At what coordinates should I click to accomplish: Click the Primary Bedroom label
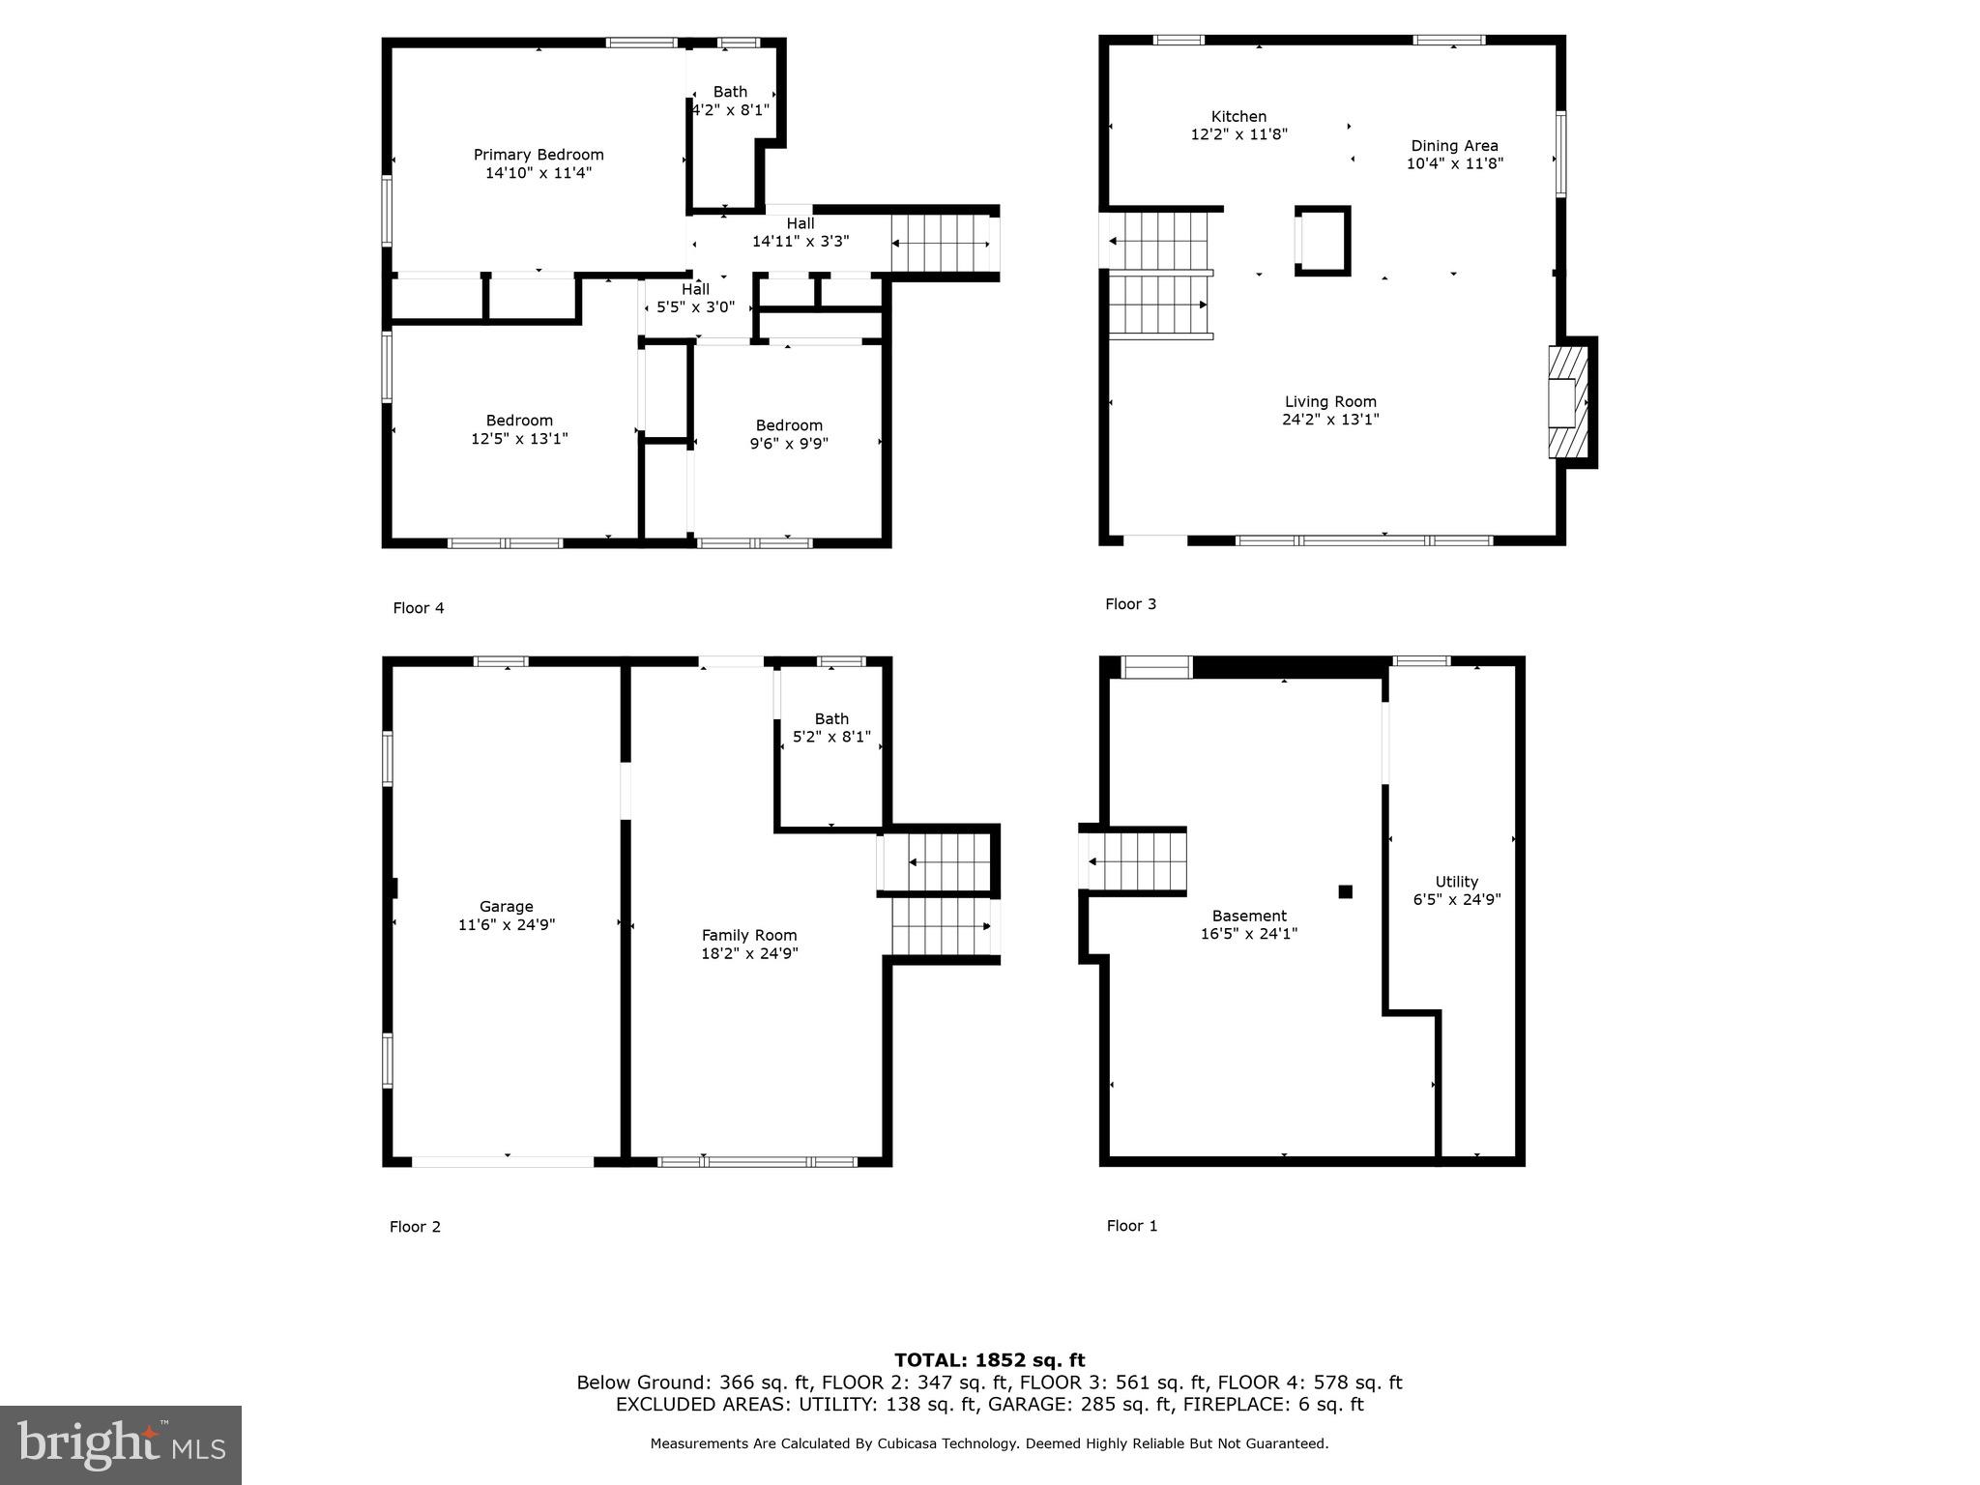click(x=538, y=155)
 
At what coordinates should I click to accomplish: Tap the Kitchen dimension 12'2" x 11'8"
click(x=1238, y=135)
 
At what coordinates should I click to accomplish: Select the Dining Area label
click(x=1454, y=146)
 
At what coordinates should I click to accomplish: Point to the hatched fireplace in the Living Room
click(x=1568, y=402)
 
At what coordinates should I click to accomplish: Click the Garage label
click(x=506, y=907)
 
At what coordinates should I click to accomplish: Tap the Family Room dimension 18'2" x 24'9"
click(x=749, y=954)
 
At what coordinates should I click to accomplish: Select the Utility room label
click(x=1456, y=882)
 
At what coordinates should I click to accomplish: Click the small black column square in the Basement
click(x=1345, y=891)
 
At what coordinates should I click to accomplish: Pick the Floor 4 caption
click(x=419, y=608)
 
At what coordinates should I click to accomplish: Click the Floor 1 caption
click(x=1131, y=1226)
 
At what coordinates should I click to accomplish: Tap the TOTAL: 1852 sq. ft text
click(x=989, y=1360)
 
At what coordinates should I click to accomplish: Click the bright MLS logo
click(x=121, y=1444)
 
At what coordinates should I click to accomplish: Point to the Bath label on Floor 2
click(x=831, y=718)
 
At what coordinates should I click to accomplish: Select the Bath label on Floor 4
click(x=730, y=92)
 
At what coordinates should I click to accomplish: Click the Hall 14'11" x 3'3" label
click(x=801, y=232)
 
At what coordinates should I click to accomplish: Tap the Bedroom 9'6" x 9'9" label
click(x=789, y=435)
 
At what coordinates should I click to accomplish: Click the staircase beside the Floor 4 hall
click(x=939, y=244)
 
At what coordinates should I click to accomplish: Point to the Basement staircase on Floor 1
click(x=1137, y=860)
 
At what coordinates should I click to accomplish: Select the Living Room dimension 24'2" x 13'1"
click(x=1330, y=420)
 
